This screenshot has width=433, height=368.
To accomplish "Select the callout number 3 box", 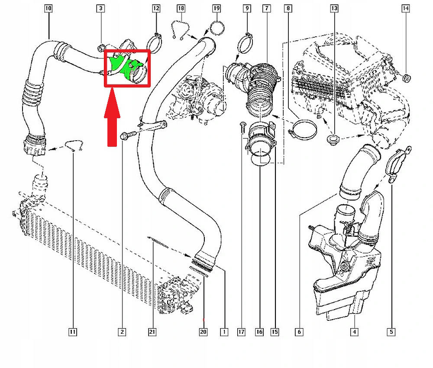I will point(100,8).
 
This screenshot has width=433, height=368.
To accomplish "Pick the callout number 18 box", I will point(181,8).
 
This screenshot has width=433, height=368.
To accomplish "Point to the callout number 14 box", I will point(405,8).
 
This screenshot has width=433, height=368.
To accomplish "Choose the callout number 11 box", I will point(73,332).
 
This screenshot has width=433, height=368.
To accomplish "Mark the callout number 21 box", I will point(152,332).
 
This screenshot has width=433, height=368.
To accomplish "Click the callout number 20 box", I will point(203,332).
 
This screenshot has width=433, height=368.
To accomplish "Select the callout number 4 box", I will point(354,332).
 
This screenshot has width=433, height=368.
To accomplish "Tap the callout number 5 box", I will point(391,332).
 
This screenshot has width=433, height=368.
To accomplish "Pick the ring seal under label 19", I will point(216,28).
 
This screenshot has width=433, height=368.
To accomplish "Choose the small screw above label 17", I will point(242,126).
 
